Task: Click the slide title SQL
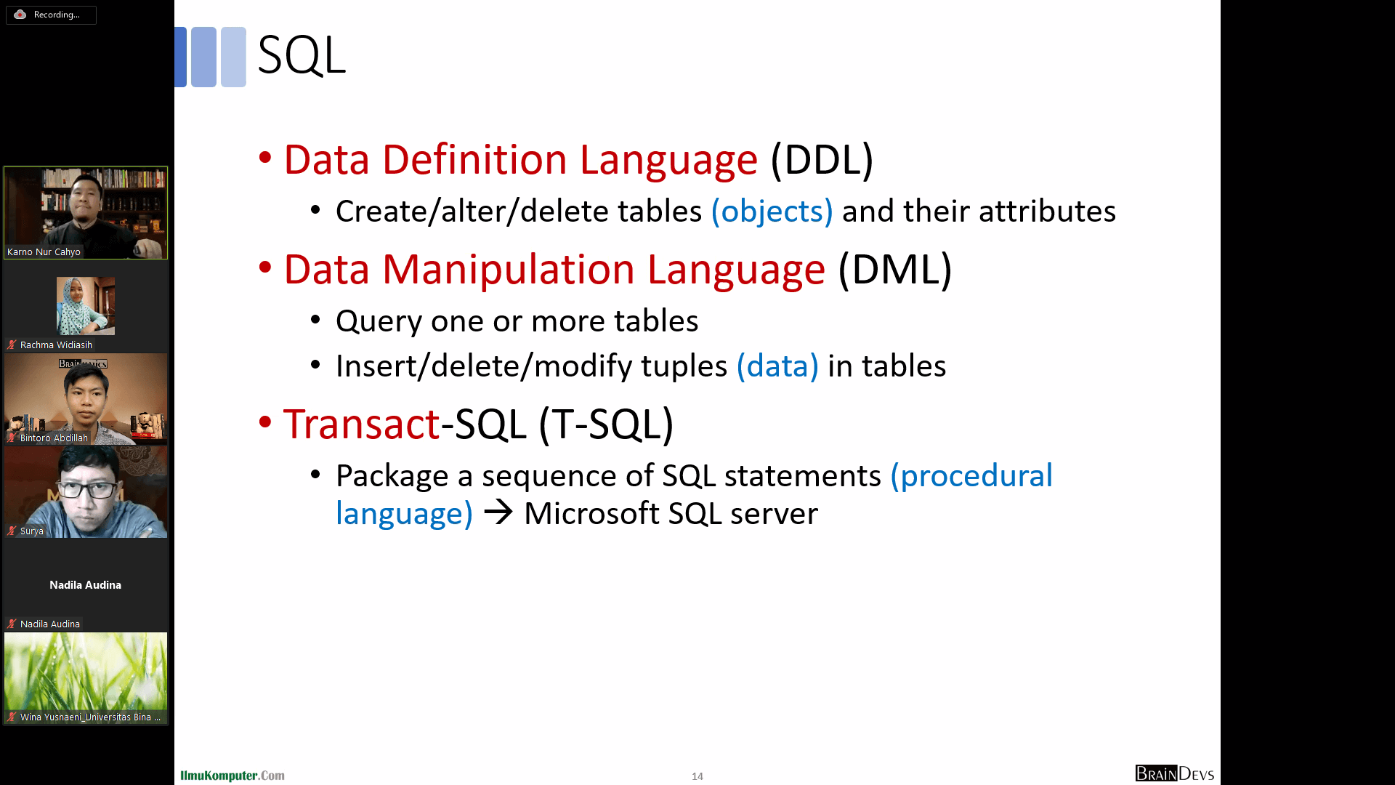302,55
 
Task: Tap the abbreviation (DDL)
822,159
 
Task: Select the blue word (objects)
772,212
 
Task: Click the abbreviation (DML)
895,269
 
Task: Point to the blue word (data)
777,366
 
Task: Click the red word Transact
362,424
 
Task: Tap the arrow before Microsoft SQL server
498,512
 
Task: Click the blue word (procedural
971,476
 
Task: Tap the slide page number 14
697,776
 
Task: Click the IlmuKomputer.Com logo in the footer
232,776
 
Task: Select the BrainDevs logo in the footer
1175,773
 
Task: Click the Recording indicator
51,15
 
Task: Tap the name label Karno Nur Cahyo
44,252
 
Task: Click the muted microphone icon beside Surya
12,531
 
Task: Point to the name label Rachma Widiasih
56,345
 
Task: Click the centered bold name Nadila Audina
85,585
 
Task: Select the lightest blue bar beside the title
233,57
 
